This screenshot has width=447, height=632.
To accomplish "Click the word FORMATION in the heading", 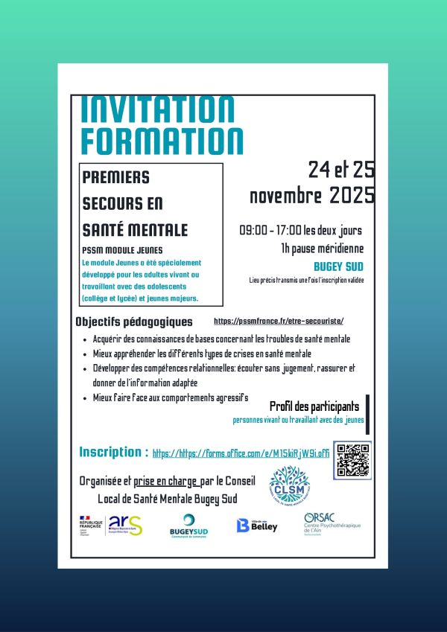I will (x=162, y=141).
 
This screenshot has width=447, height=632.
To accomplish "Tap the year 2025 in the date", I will (x=351, y=197).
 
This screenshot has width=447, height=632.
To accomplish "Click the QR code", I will (x=352, y=460).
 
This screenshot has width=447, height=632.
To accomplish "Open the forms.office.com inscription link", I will (x=241, y=453).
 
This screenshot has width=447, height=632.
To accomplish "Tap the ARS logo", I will (x=124, y=525).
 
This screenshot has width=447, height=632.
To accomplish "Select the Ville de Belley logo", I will (x=256, y=526).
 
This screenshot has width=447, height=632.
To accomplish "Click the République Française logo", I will (x=90, y=525).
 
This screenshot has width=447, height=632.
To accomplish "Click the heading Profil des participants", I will (x=314, y=406).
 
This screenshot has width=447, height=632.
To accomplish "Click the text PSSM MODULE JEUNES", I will (x=122, y=250).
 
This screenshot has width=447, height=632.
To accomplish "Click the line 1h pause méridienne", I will (x=322, y=248).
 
